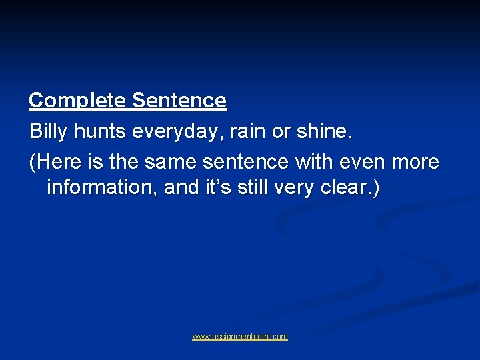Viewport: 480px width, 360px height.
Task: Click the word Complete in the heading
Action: click(77, 101)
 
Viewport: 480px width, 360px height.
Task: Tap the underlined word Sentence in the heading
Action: click(179, 101)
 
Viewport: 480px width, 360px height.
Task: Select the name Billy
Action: click(49, 131)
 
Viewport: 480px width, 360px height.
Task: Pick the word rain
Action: click(248, 131)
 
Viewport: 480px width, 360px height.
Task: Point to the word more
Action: click(413, 162)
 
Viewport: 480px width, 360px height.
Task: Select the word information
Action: click(102, 188)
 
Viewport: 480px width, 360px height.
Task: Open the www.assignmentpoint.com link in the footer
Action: click(240, 337)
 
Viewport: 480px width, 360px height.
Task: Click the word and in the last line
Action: click(181, 188)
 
